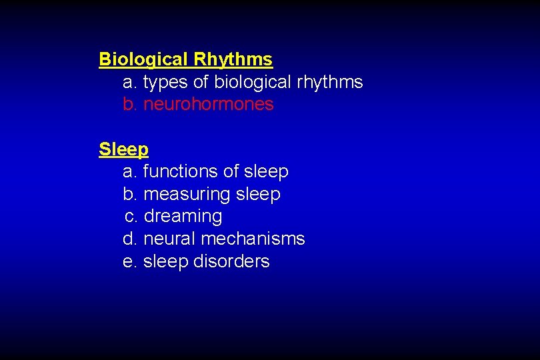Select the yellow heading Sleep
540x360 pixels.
123,149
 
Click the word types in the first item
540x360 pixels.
163,82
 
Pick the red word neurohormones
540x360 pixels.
209,104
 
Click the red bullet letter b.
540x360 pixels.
130,104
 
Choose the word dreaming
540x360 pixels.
183,217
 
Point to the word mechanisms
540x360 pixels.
253,239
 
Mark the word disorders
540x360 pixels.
232,261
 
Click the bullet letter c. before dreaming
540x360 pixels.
131,217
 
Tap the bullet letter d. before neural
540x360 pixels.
130,239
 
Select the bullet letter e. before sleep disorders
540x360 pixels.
130,261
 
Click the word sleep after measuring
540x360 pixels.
258,194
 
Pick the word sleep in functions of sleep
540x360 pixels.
266,171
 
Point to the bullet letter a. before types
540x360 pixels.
130,82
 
